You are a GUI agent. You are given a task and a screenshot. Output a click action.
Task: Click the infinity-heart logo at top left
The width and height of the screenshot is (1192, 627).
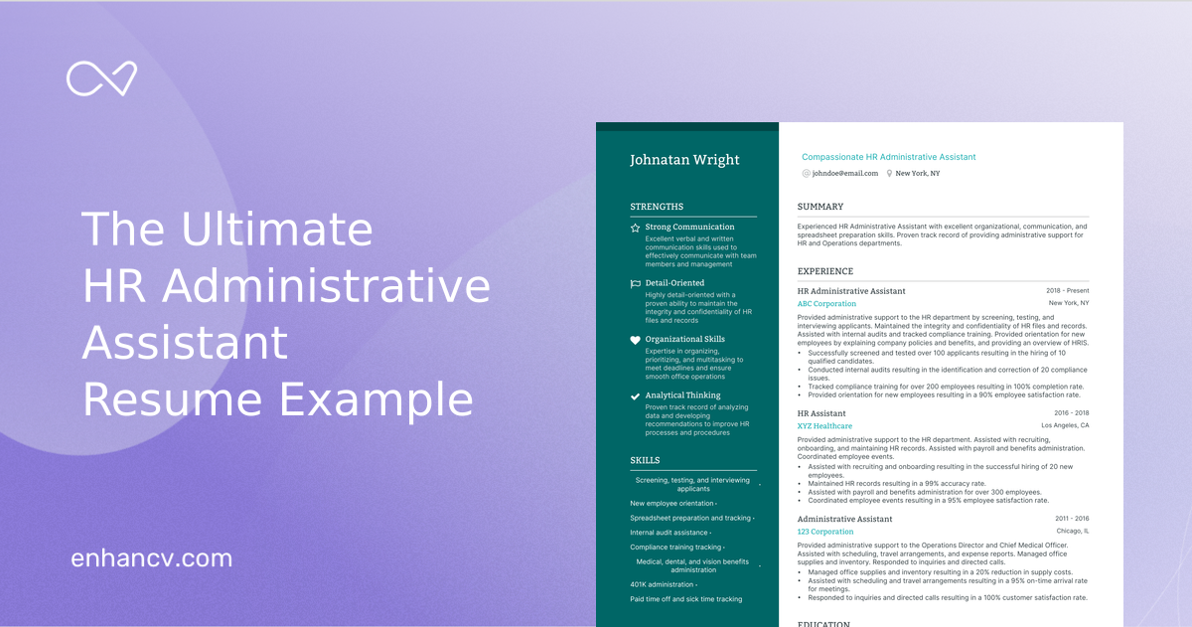(x=101, y=78)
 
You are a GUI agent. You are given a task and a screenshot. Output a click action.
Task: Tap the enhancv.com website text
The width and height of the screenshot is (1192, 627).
(x=152, y=558)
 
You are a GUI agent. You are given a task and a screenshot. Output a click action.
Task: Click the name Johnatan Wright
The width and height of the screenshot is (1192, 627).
(x=684, y=160)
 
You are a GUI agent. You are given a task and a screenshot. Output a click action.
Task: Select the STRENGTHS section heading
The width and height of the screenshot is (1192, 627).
(x=657, y=207)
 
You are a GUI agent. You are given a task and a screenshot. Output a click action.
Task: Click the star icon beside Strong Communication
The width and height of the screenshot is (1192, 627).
(x=636, y=228)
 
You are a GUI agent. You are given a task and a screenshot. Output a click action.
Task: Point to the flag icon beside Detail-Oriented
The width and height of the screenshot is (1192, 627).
(x=636, y=283)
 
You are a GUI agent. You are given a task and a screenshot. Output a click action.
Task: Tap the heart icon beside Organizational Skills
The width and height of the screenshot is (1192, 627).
(x=636, y=340)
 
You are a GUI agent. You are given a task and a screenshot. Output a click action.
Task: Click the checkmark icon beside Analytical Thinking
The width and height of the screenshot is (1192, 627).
(x=636, y=395)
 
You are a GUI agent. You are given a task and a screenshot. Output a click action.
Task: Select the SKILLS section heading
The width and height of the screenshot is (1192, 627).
(x=645, y=460)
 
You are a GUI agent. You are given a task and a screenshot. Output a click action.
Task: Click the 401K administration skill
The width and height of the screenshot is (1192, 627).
(x=663, y=584)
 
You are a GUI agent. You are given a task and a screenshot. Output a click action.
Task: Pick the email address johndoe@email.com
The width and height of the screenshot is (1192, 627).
(x=845, y=174)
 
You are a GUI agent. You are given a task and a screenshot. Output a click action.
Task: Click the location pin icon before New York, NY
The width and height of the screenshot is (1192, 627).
(x=889, y=174)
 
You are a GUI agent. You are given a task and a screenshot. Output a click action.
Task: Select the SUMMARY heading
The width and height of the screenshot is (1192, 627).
(x=819, y=207)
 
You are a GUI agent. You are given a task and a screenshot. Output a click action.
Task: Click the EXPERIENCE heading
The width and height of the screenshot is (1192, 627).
(x=824, y=271)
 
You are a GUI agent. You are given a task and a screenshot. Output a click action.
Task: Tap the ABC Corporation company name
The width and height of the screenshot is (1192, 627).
(x=826, y=304)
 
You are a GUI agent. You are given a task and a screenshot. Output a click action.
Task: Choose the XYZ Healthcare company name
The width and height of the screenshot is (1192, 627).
(x=824, y=426)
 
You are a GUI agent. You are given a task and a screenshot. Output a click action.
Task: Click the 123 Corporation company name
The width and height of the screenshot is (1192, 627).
(x=825, y=532)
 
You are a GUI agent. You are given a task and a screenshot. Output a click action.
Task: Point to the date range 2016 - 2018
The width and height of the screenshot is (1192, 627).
(x=1071, y=413)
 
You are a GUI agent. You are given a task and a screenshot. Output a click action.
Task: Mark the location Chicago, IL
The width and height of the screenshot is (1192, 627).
(x=1073, y=532)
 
